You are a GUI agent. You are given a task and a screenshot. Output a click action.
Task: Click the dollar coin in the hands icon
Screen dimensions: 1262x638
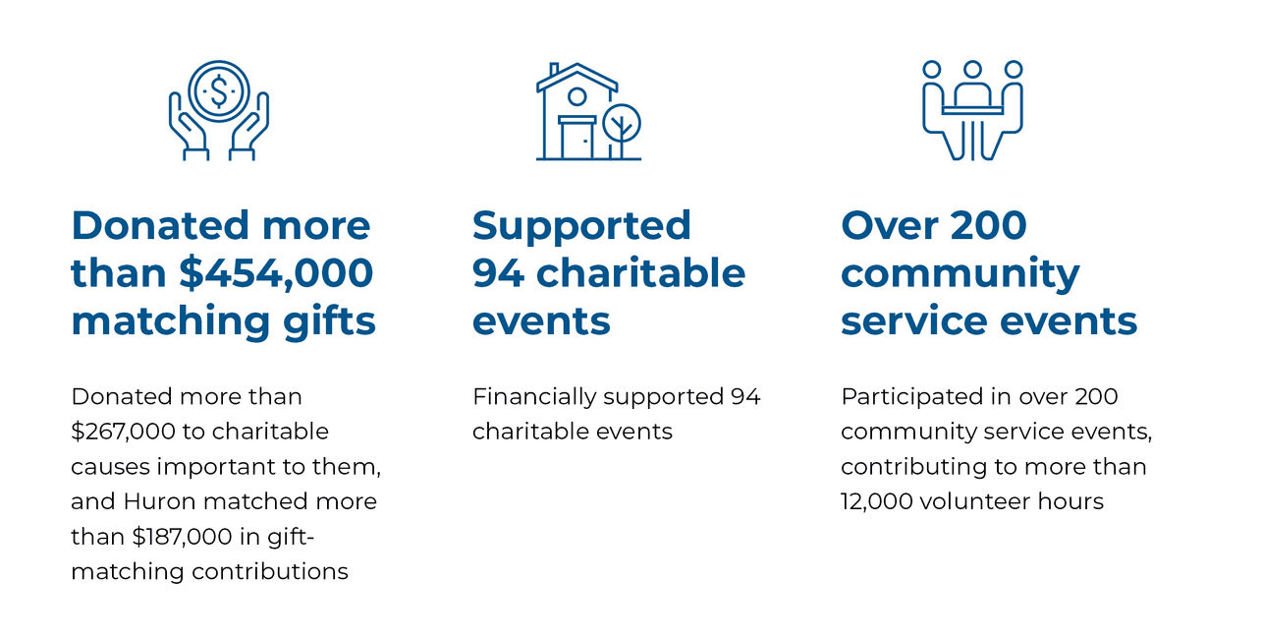[x=219, y=91]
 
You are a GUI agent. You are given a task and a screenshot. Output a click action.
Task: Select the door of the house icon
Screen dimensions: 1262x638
[x=577, y=139]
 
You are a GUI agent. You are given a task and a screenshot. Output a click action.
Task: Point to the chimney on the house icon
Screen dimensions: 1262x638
[x=554, y=70]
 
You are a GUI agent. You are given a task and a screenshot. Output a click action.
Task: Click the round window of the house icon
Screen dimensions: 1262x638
[x=576, y=97]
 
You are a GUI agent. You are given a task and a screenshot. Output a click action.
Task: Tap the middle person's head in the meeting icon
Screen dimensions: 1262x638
[x=972, y=70]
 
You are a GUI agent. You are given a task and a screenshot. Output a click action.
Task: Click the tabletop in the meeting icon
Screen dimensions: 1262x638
[x=972, y=110]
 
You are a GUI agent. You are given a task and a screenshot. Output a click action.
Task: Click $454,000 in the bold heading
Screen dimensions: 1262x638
[x=276, y=273]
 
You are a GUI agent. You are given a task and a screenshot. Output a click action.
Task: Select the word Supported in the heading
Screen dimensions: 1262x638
[x=581, y=226]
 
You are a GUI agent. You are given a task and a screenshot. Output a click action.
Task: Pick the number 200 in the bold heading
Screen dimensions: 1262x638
[x=988, y=226]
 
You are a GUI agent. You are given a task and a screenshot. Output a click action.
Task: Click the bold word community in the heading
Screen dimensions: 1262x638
[x=960, y=274]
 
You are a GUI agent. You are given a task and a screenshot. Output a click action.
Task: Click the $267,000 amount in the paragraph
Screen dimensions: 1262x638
[x=123, y=432]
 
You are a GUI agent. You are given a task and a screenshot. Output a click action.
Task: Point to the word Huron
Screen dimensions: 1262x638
[x=159, y=501]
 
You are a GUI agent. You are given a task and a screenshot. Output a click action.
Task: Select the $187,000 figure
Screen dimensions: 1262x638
[x=182, y=537]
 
